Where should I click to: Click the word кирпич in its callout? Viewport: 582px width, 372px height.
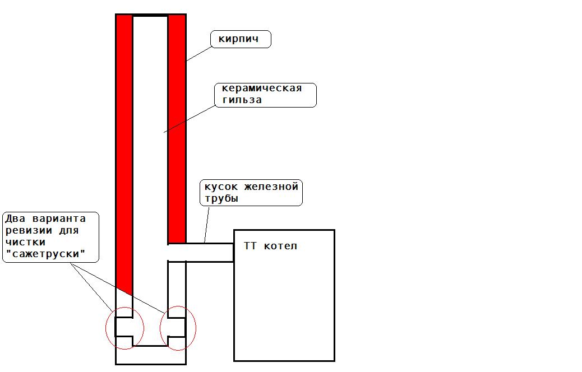(238, 39)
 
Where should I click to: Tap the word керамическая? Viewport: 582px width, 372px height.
(262, 89)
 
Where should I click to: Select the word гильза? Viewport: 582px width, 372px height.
(242, 100)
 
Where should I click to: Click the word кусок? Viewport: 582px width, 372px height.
(221, 187)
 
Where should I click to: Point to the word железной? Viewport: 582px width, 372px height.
(271, 187)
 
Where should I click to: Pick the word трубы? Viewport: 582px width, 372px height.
(221, 199)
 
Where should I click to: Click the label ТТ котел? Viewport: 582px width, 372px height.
(270, 246)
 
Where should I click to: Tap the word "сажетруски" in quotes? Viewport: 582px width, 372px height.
(45, 254)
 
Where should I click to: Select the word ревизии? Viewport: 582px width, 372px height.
(29, 231)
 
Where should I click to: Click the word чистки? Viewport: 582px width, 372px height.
(26, 243)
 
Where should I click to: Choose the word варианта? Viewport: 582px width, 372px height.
(59, 219)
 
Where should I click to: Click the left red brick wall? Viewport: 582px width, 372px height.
(124, 148)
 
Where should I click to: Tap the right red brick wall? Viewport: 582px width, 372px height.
(177, 129)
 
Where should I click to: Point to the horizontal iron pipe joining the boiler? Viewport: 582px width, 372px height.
(200, 253)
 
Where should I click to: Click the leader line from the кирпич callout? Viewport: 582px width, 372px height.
(198, 54)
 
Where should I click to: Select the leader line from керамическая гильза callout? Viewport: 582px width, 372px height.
(190, 119)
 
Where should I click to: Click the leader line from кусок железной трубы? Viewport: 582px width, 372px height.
(207, 225)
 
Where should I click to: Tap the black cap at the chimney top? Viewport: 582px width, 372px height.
(150, 15)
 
